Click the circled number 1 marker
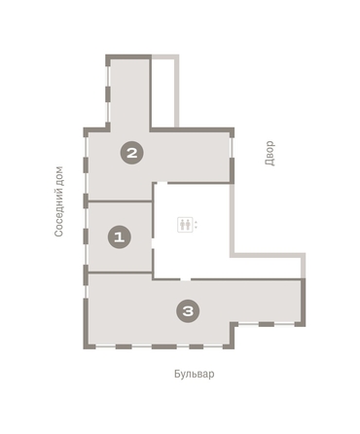click(x=120, y=237)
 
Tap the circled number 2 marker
click(x=132, y=153)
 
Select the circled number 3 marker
click(x=188, y=310)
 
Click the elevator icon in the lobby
click(x=185, y=225)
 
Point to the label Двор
click(x=270, y=153)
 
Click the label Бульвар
click(x=195, y=374)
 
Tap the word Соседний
click(x=58, y=212)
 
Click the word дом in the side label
click(x=58, y=176)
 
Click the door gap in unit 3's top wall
click(x=186, y=279)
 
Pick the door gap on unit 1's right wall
click(x=153, y=243)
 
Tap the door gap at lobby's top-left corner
click(x=162, y=183)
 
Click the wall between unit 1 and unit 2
click(x=121, y=201)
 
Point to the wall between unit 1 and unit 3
click(x=121, y=272)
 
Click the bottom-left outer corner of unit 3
click(x=84, y=349)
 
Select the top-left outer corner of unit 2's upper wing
click(x=106, y=54)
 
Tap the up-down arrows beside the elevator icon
click(x=196, y=225)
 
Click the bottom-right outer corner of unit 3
click(x=306, y=326)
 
